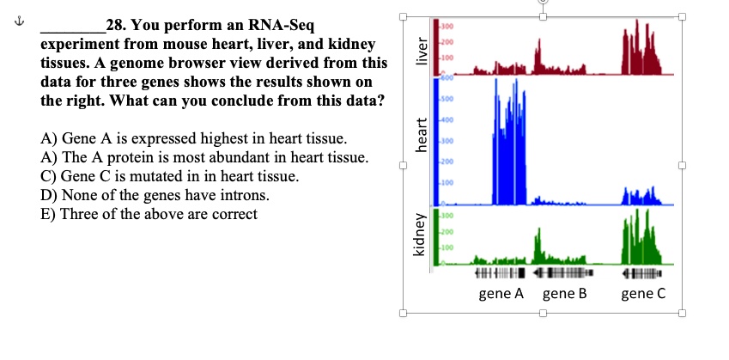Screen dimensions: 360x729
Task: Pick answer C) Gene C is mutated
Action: click(170, 176)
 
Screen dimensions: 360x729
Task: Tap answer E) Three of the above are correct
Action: click(149, 214)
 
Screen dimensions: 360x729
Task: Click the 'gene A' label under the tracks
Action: click(501, 295)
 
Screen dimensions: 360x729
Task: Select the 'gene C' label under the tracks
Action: click(643, 295)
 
